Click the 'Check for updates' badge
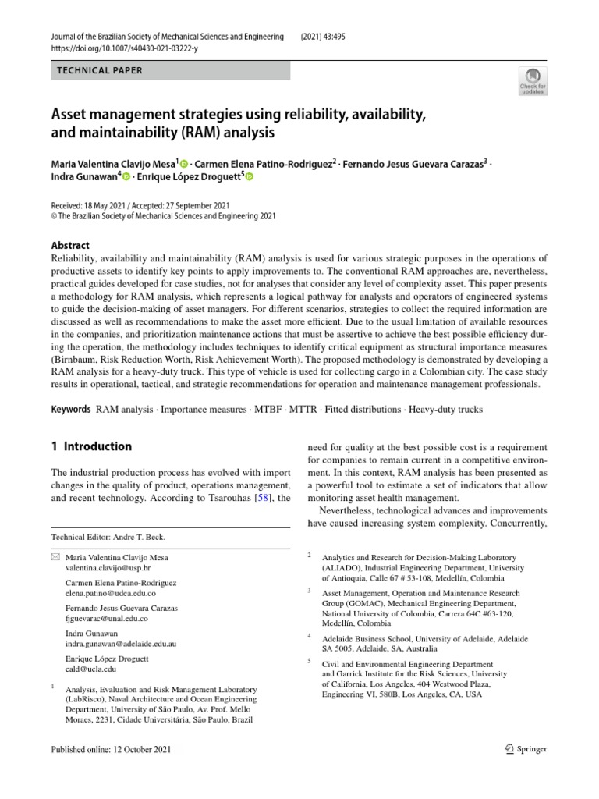533,81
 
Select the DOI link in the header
124,49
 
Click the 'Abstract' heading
70,245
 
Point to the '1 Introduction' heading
91,447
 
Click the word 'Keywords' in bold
71,410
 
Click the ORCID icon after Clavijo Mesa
184,163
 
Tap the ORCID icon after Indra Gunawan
126,178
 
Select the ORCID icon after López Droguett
250,178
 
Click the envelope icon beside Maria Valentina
55,558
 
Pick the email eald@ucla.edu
91,669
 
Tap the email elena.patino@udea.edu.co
105,594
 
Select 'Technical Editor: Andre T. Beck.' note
108,538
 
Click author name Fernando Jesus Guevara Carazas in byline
413,163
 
